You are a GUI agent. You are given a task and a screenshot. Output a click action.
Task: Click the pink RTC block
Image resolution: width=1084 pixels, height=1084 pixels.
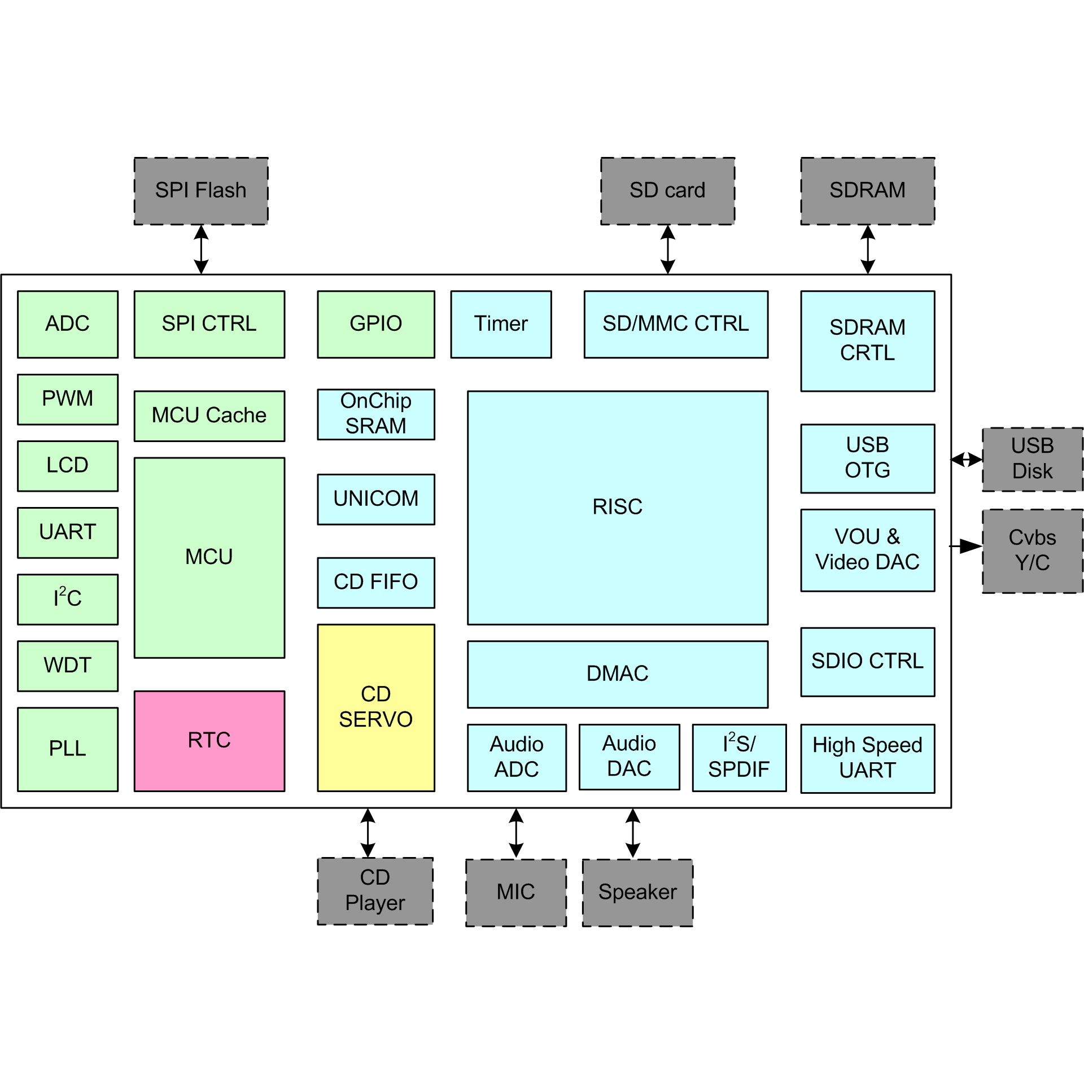tap(209, 741)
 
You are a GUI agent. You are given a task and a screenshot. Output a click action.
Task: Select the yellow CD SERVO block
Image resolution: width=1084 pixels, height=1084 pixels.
tap(375, 707)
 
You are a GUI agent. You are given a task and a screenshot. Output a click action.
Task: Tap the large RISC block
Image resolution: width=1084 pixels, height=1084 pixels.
tap(617, 507)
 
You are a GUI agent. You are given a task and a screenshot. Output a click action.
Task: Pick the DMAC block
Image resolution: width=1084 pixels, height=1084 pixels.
tap(617, 674)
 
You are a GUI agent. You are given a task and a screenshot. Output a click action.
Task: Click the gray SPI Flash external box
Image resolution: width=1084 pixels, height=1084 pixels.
tap(200, 191)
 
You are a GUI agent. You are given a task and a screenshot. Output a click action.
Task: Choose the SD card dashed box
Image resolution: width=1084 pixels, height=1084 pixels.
tap(667, 191)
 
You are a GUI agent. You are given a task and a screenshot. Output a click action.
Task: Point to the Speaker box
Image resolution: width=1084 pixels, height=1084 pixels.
tap(637, 893)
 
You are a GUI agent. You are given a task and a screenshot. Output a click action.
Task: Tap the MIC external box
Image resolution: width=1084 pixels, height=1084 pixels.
tap(515, 893)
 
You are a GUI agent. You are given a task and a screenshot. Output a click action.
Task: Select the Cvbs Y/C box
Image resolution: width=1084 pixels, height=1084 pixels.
tap(1032, 550)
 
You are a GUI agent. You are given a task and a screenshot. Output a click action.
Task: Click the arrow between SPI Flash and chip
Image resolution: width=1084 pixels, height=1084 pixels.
tap(201, 250)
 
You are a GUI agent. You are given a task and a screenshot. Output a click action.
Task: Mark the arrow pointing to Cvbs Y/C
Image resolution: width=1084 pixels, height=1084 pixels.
tap(967, 546)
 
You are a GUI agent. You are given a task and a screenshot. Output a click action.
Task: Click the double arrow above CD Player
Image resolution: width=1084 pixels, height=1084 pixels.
tap(368, 833)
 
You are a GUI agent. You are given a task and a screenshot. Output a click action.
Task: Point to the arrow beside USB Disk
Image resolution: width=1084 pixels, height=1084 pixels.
tap(967, 460)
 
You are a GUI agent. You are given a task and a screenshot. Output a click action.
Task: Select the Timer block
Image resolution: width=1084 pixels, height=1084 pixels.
tap(501, 324)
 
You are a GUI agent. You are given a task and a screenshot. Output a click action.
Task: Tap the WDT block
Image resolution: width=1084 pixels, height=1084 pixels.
tap(68, 666)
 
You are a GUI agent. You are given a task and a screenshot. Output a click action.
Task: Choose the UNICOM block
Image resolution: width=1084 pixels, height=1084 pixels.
tap(375, 499)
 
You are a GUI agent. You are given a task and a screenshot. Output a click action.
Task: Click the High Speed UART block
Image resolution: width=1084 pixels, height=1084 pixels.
tap(867, 758)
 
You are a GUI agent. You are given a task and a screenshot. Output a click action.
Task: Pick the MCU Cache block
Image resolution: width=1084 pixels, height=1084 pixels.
tap(209, 416)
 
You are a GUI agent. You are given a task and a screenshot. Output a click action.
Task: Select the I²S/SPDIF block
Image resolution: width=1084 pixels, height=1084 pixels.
tap(738, 757)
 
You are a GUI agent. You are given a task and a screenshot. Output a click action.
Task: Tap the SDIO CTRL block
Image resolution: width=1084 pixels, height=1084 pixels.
tap(867, 661)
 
